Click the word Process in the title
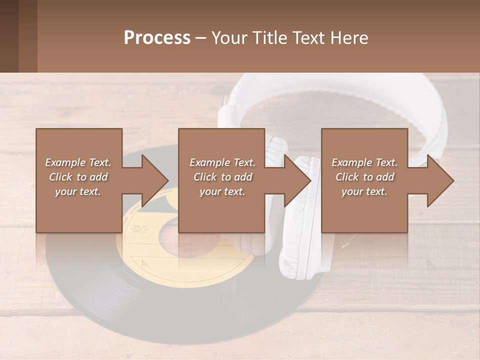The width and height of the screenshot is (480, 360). [x=157, y=38]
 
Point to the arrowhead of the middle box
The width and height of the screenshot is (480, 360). [x=297, y=180]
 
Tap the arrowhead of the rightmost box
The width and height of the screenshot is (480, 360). [x=440, y=180]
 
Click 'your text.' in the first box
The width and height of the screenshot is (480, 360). [x=78, y=191]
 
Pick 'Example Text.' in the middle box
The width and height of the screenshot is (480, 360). [x=222, y=162]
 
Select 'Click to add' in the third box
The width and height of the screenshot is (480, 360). [x=364, y=177]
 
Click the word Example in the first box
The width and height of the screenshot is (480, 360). [x=64, y=162]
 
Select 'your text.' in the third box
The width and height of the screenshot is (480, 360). [x=364, y=191]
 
